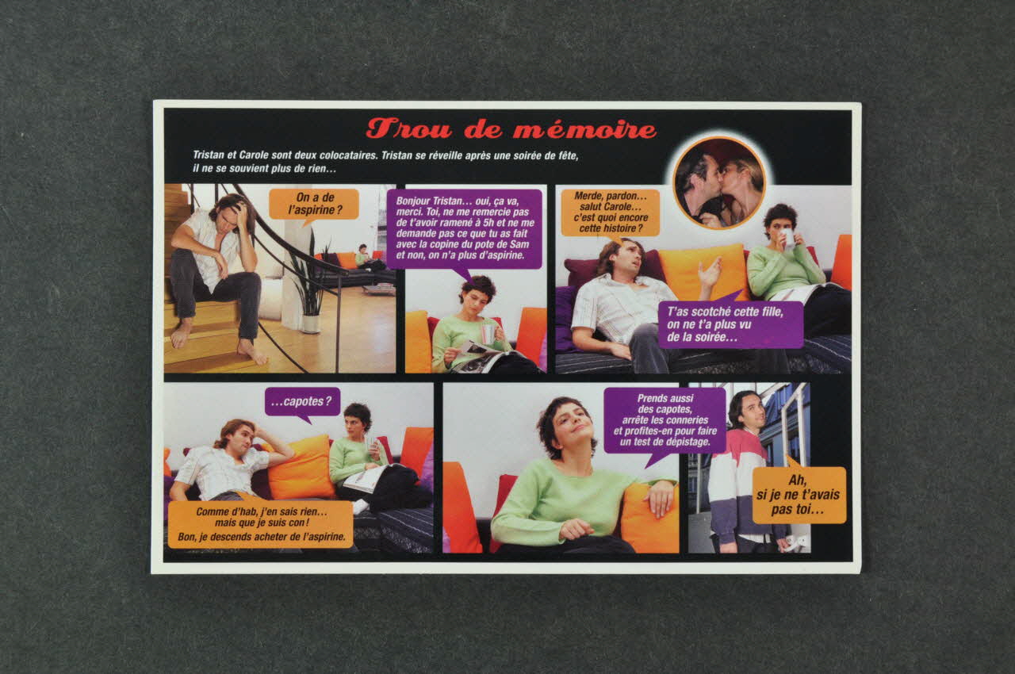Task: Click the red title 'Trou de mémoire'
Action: tap(511, 128)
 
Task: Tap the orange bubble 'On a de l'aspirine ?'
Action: tap(313, 204)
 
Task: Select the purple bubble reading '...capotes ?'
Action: tap(302, 401)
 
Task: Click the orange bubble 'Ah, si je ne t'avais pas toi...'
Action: tap(799, 495)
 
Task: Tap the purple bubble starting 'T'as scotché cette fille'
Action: tap(730, 324)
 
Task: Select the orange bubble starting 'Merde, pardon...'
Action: tap(611, 213)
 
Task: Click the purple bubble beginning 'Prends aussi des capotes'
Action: tap(665, 420)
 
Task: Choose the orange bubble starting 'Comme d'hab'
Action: tap(261, 524)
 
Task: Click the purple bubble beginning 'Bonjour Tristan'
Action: tap(464, 229)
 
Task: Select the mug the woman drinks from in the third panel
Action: tap(787, 238)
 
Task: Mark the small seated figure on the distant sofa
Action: tap(362, 257)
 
